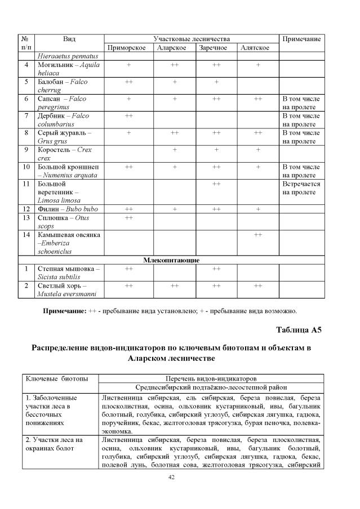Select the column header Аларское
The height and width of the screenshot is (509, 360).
tap(172, 48)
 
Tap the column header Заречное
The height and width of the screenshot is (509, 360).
tap(213, 48)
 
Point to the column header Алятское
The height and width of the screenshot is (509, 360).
tap(255, 48)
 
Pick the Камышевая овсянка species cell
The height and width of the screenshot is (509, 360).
tap(68, 243)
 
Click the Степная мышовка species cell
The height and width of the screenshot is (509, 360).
tap(68, 273)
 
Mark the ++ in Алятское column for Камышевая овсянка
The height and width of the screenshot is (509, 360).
tap(258, 234)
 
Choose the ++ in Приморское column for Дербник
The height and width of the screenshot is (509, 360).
tap(129, 115)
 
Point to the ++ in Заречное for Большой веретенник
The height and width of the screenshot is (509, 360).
tap(216, 184)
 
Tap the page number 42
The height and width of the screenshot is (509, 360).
tap(172, 477)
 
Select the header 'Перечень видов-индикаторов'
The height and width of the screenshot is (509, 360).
tap(211, 378)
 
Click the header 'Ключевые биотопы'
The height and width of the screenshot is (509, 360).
tap(52, 378)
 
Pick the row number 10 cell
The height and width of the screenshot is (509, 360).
tap(26, 167)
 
